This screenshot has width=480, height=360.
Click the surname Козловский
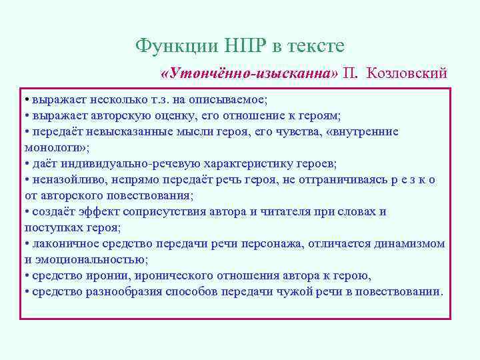[x=407, y=73]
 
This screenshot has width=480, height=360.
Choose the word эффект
[x=93, y=211]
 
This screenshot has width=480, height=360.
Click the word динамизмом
[x=411, y=243]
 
